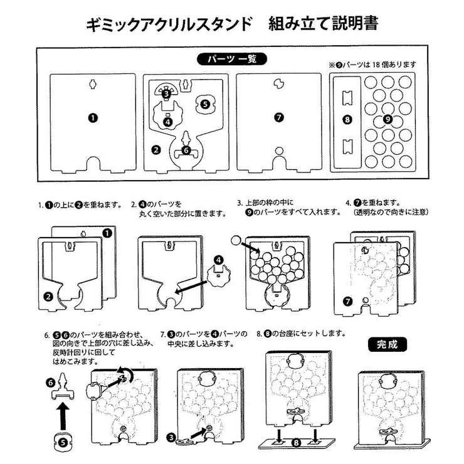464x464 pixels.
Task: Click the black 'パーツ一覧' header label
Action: (232, 60)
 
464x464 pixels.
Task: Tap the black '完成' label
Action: (386, 344)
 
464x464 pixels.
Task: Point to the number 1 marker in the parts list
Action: (92, 117)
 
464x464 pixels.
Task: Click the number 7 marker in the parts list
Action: (279, 117)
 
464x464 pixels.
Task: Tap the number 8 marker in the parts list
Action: (348, 119)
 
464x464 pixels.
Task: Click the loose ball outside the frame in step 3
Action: (236, 240)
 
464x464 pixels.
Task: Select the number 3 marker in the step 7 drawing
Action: (171, 436)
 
